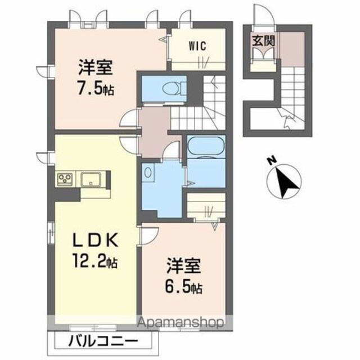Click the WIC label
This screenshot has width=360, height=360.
(x=197, y=46)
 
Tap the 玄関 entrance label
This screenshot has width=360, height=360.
(x=264, y=41)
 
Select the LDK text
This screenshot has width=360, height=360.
(x=95, y=240)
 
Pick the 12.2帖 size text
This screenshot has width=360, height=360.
(x=95, y=261)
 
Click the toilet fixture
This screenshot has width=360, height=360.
(x=174, y=88)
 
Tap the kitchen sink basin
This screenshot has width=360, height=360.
(x=90, y=178)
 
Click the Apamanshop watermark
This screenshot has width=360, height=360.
(x=180, y=322)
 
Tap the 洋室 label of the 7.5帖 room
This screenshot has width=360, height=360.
(x=96, y=67)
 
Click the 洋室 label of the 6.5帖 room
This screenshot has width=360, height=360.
(x=184, y=266)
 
